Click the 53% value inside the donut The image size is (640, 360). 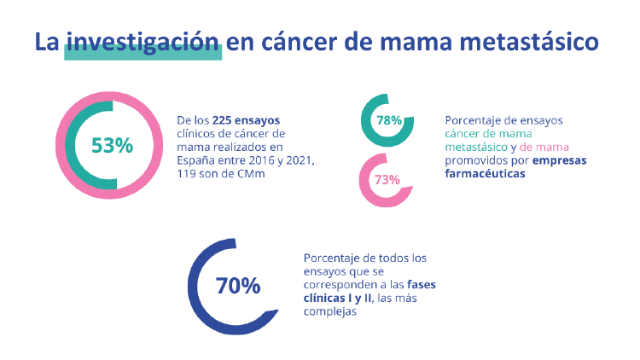pyautogui.click(x=112, y=146)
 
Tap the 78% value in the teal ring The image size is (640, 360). pyautogui.click(x=388, y=121)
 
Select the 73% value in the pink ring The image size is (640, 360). pyautogui.click(x=387, y=180)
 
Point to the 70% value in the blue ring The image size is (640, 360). pyautogui.click(x=237, y=286)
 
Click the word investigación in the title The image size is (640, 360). pyautogui.click(x=143, y=43)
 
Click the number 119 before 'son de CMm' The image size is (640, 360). pyautogui.click(x=188, y=174)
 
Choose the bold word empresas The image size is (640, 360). pyautogui.click(x=559, y=160)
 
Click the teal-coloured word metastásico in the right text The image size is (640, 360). pyautogui.click(x=476, y=147)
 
